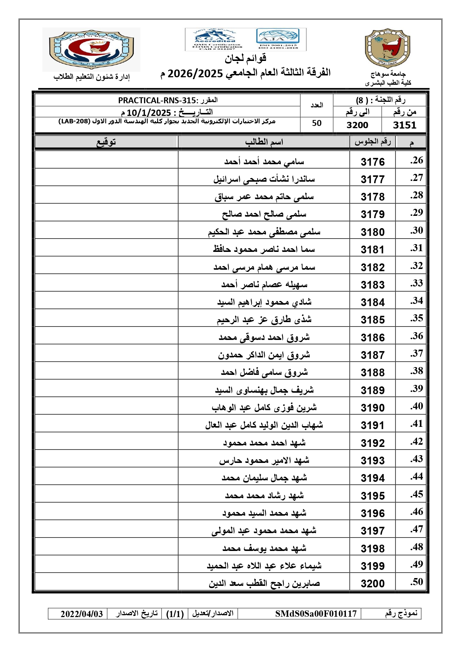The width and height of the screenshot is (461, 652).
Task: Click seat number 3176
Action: [373, 162]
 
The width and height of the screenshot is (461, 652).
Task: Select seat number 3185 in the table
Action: [373, 319]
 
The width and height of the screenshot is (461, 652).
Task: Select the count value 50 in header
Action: [316, 123]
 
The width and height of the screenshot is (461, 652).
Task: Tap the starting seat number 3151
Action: [404, 125]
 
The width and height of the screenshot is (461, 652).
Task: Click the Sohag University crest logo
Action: [387, 48]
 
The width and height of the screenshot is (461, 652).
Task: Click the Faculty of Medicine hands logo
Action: [91, 49]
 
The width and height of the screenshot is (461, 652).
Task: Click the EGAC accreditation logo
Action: [214, 39]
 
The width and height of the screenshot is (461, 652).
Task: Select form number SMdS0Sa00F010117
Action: [316, 614]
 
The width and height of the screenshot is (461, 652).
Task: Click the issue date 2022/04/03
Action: [82, 614]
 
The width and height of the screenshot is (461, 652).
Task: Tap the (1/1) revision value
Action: [175, 614]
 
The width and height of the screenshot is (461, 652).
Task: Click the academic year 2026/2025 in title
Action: [195, 74]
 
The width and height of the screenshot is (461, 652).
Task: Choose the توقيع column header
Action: [106, 142]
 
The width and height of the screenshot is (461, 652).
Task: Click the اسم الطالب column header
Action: [264, 142]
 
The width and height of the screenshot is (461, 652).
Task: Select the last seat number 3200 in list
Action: [373, 583]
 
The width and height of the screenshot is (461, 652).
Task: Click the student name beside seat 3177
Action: [264, 179]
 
